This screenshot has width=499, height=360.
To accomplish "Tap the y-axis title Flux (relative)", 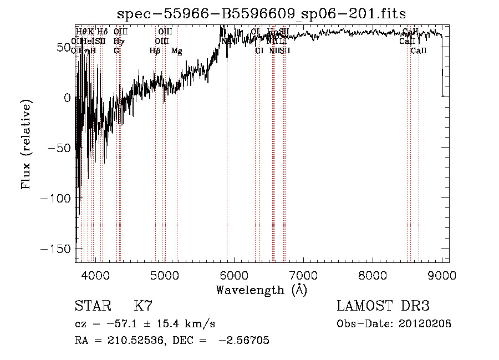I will pos(27,144).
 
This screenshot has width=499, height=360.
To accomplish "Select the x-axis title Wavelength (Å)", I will pos(261,290).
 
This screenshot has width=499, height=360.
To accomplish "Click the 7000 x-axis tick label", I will pos(303,275).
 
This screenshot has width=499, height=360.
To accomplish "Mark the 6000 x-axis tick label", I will pos(233,275).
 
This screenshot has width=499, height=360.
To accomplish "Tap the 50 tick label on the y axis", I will pos(62,48).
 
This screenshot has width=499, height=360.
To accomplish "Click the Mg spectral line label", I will pos(177,51).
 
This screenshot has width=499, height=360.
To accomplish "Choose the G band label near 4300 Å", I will pos(116,50).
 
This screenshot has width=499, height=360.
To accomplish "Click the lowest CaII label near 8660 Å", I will pos(419,50).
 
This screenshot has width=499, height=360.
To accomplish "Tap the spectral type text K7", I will pos(144,306).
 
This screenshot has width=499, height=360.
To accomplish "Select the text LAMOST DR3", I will pos(383,306).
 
